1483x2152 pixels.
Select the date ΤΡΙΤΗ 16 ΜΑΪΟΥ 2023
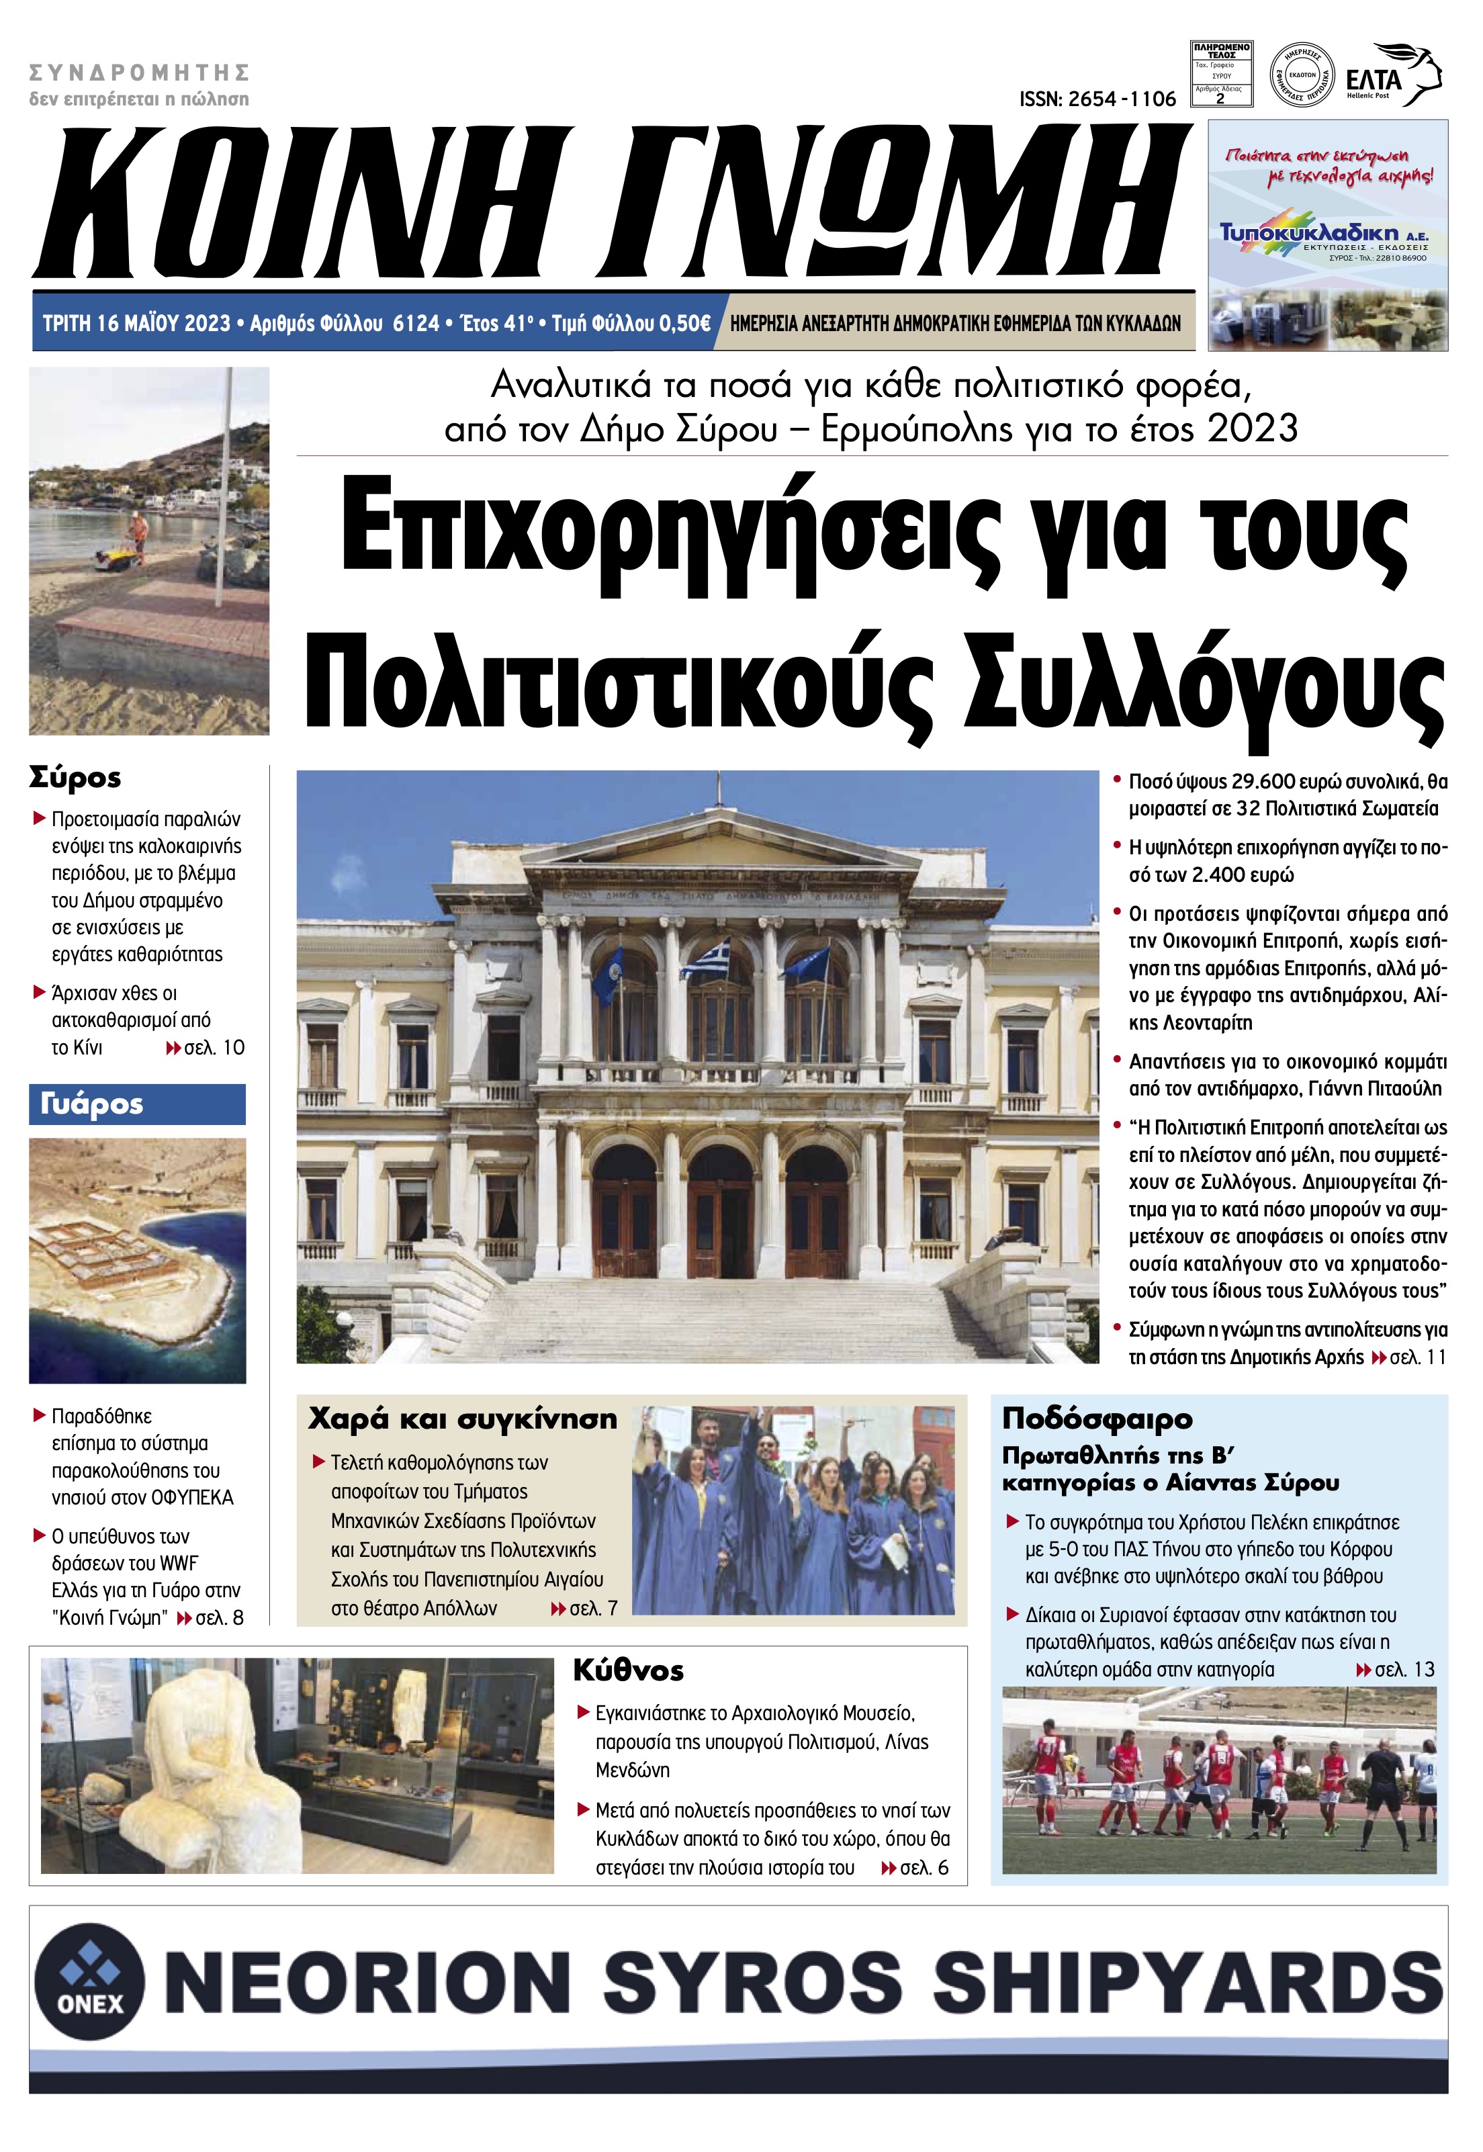click(x=136, y=323)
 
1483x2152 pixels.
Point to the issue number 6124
click(x=415, y=323)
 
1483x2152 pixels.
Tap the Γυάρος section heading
click(x=92, y=1104)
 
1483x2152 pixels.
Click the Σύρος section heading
click(x=75, y=777)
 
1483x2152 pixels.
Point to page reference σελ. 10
click(x=214, y=1047)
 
